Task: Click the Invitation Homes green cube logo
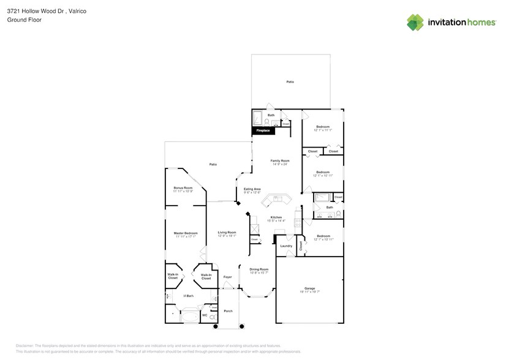tap(415, 22)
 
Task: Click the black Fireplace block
tap(263, 130)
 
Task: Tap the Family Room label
tap(279, 160)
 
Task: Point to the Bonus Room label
tap(183, 187)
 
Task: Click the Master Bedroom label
tap(185, 233)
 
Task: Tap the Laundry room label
tap(286, 246)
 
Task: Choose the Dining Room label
tap(258, 269)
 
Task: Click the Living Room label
tap(227, 232)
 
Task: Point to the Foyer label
tap(227, 277)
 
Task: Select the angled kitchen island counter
tap(276, 200)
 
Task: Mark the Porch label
tap(228, 310)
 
